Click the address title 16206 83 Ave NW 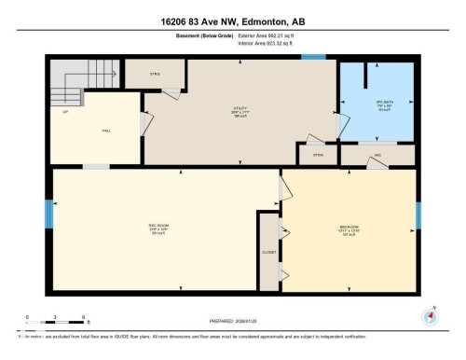point(233,20)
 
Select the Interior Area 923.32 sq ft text point(269,44)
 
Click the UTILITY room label point(240,108)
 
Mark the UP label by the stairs point(66,112)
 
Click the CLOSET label point(268,252)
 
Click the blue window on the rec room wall point(49,215)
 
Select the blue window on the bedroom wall point(418,215)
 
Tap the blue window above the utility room point(313,58)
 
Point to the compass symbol point(430,315)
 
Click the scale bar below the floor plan point(57,324)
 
